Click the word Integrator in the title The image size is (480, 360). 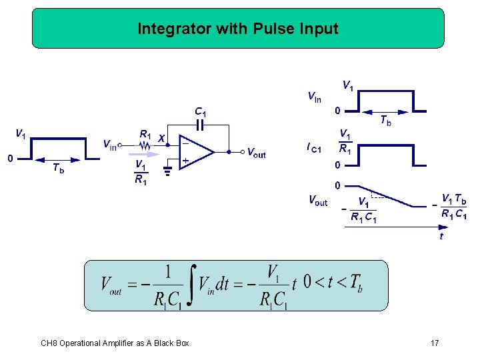(167, 29)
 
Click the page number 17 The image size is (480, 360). (435, 343)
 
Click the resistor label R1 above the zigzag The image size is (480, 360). (145, 135)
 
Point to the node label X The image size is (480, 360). (161, 139)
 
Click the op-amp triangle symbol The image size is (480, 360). (195, 151)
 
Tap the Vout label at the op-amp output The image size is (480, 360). (256, 153)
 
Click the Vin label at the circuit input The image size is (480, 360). (109, 144)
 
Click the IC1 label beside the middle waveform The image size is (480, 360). (313, 147)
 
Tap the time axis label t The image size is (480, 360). (441, 236)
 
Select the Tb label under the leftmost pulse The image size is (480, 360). (59, 169)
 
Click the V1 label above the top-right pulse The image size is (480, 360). (348, 85)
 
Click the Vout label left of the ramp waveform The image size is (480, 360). (317, 200)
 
